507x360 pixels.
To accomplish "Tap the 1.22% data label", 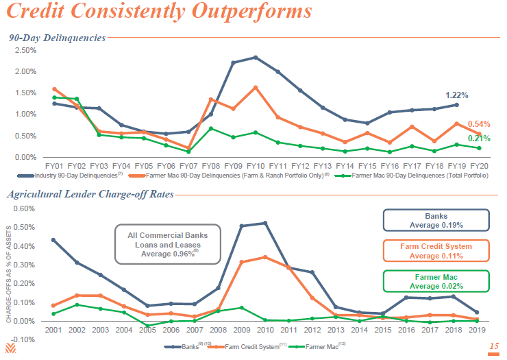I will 457,95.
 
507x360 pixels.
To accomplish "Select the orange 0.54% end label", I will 479,124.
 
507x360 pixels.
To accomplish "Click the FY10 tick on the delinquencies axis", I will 255,166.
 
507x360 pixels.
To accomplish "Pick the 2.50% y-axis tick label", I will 25,50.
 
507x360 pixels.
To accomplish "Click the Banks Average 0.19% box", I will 436,220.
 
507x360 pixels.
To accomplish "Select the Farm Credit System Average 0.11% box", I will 436,251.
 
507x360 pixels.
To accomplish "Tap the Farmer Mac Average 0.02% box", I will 436,281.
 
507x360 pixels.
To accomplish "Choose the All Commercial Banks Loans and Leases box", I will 168,244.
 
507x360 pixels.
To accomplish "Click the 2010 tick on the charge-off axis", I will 264,331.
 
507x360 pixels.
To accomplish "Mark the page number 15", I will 494,347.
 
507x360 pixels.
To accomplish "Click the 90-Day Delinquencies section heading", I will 57,38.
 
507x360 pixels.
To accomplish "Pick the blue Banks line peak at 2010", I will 264,223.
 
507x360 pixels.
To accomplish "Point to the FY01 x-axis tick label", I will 55,166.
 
